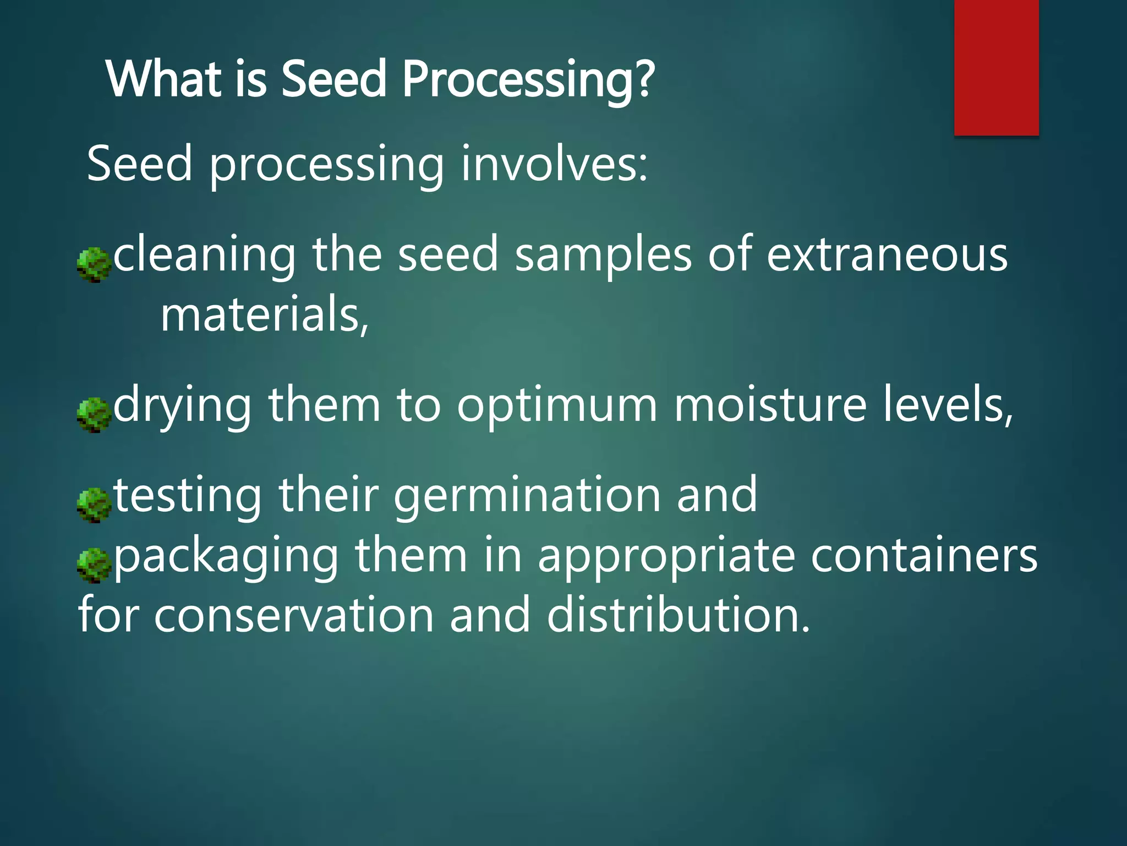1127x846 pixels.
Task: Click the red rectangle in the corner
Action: (x=996, y=67)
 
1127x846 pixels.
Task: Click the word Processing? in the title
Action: (x=528, y=80)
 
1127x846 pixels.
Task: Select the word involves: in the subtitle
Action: (x=554, y=164)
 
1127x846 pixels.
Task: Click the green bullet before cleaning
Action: (x=94, y=265)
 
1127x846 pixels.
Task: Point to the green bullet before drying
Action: (x=94, y=415)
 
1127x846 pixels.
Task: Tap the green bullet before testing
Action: (x=94, y=505)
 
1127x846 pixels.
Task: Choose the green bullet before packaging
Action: (x=94, y=566)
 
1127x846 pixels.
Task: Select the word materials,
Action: (x=265, y=315)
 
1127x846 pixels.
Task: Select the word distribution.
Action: (x=678, y=616)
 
